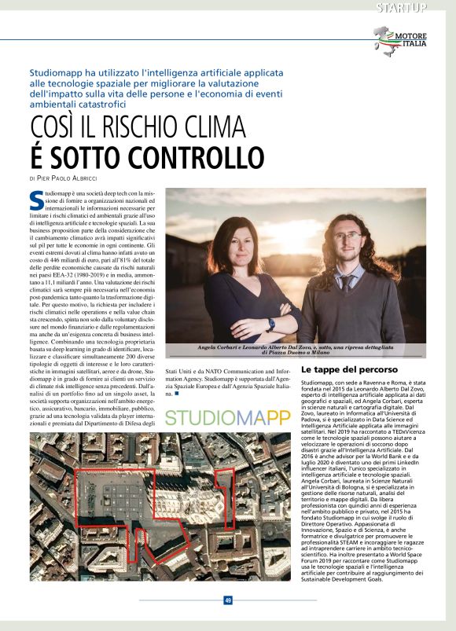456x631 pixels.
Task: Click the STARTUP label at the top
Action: click(401, 8)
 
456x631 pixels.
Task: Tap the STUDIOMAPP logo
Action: click(228, 417)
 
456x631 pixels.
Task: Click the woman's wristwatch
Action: click(271, 324)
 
